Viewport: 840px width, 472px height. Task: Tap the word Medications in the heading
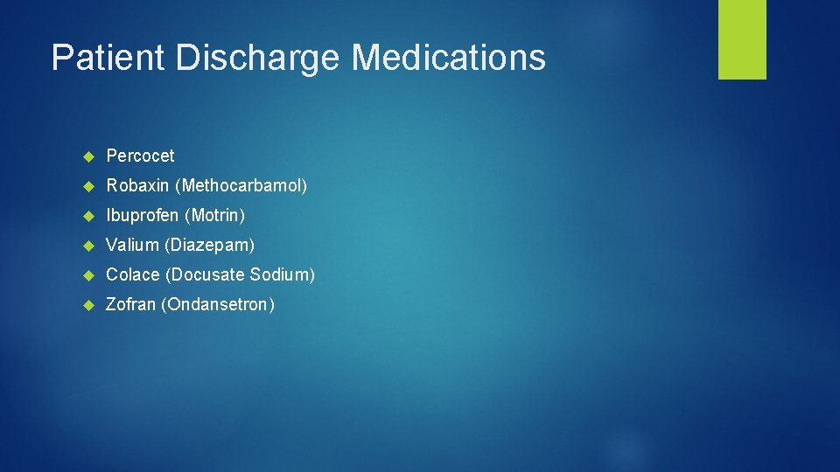[x=449, y=58]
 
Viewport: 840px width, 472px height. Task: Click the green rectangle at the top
[x=742, y=39]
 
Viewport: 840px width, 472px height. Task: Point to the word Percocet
[x=140, y=156]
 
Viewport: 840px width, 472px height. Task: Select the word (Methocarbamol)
[x=244, y=185]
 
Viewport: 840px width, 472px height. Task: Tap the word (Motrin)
[x=214, y=215]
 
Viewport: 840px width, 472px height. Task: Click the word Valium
[x=132, y=245]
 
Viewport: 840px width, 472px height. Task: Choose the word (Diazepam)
[x=209, y=245]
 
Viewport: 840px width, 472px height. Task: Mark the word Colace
[x=133, y=274]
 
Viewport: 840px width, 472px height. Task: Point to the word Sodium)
[x=282, y=274]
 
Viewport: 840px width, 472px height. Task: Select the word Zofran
[x=131, y=304]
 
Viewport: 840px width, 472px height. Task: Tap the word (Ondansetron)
[x=218, y=304]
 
